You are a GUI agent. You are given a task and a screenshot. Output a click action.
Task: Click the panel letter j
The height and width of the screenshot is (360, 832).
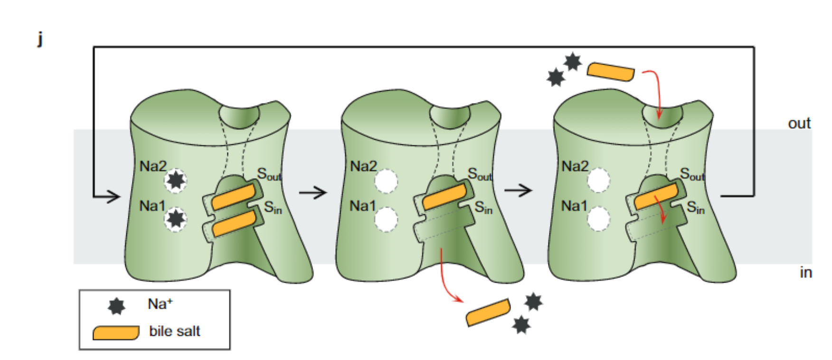40,38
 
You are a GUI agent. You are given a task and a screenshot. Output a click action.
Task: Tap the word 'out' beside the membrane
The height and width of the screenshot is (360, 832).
799,123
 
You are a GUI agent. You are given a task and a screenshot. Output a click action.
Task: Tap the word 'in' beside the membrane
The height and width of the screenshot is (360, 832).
805,273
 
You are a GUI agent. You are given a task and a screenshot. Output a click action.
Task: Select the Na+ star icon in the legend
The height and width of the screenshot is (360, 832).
116,306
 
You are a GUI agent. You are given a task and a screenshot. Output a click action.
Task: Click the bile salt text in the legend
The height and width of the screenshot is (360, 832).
174,331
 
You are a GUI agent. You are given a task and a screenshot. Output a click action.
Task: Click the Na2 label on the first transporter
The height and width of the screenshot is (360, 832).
152,166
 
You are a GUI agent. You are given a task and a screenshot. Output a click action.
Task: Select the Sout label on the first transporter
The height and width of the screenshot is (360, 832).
269,174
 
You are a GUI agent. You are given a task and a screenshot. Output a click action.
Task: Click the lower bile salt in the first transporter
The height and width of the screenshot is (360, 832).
234,223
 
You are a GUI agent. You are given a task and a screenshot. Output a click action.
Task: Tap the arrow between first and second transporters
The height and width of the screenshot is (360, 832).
313,192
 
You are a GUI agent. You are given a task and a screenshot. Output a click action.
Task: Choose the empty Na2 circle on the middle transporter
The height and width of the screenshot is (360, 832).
386,181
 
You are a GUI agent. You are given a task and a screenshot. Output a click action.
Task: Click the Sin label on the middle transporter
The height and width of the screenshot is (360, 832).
483,208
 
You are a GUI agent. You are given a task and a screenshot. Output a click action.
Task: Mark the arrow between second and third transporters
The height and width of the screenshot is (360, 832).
519,191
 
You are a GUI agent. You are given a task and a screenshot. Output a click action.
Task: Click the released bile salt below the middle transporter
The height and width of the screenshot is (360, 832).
488,312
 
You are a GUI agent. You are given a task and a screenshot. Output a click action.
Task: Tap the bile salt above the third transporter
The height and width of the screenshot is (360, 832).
611,72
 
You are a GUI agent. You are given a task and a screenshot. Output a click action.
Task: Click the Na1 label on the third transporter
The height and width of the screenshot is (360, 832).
574,206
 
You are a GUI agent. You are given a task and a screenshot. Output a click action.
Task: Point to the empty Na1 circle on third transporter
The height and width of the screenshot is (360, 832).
598,219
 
